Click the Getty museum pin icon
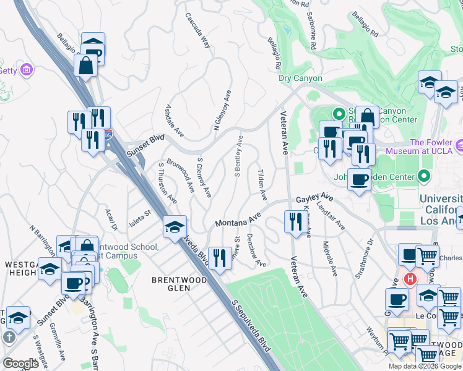[26, 70]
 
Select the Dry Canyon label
[300, 79]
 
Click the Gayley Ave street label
[314, 198]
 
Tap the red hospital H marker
[409, 279]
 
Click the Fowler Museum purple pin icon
[459, 146]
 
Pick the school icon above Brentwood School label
[175, 228]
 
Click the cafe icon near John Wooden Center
[359, 180]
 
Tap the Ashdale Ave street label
[174, 121]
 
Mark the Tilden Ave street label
[261, 184]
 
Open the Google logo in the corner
[20, 364]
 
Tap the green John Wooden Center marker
[424, 177]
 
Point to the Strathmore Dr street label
[366, 259]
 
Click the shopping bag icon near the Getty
[85, 65]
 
